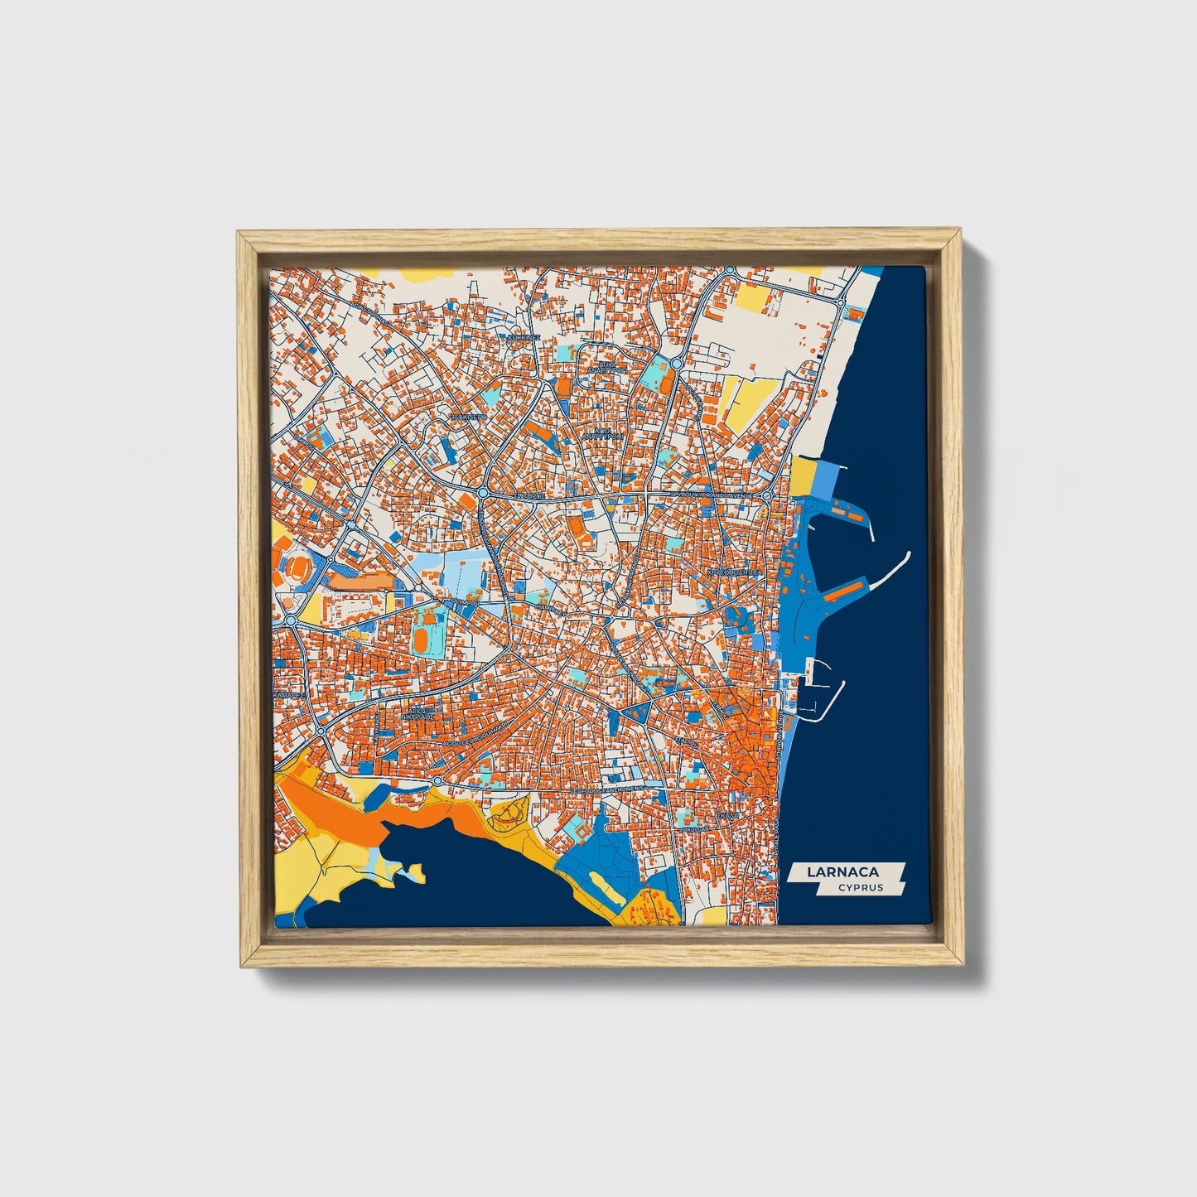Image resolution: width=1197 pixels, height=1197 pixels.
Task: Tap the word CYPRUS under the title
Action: pos(860,887)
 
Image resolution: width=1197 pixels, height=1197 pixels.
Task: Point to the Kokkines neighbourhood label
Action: pos(523,338)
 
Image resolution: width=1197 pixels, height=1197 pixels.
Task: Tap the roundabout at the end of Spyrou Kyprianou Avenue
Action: pos(768,495)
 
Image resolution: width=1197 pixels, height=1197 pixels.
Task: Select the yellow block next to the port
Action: pos(802,476)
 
